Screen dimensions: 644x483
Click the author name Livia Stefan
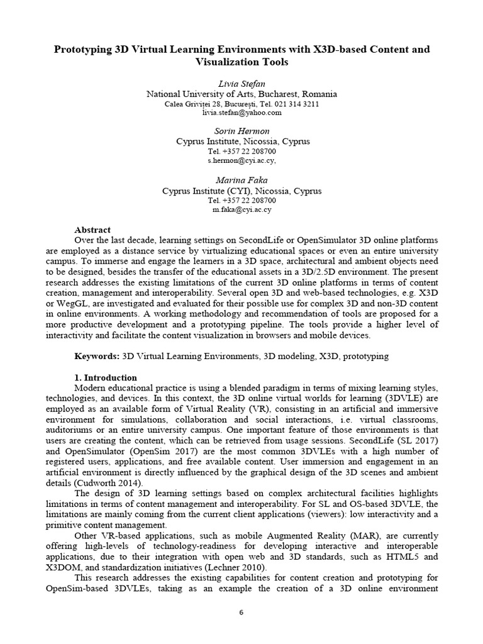(x=241, y=84)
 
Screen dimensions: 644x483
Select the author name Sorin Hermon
(x=241, y=131)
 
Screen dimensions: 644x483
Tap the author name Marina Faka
(x=241, y=180)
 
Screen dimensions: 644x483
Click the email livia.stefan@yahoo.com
(x=241, y=113)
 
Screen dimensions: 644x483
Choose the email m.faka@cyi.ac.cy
(x=241, y=210)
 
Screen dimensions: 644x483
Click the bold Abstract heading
(x=92, y=230)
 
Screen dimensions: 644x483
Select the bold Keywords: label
(x=96, y=356)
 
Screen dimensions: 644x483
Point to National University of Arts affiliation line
(x=241, y=94)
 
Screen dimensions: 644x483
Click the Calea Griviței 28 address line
(x=241, y=104)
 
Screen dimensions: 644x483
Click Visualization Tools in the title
(x=241, y=62)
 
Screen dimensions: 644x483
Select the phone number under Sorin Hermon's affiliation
(x=241, y=152)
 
